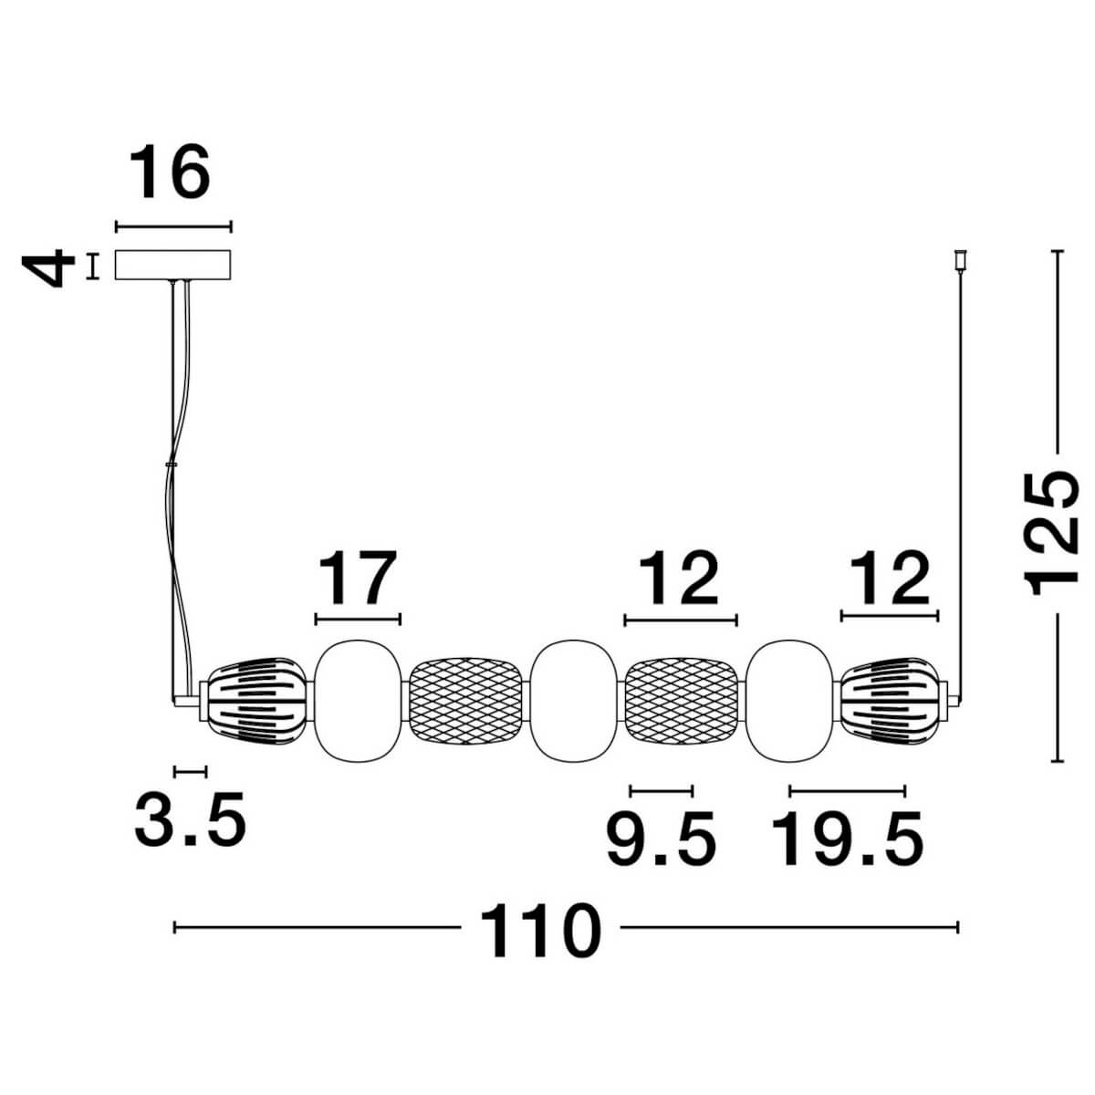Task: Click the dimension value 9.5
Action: tap(662, 839)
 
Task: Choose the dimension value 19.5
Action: tap(847, 839)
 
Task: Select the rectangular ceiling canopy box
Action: tap(173, 265)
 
